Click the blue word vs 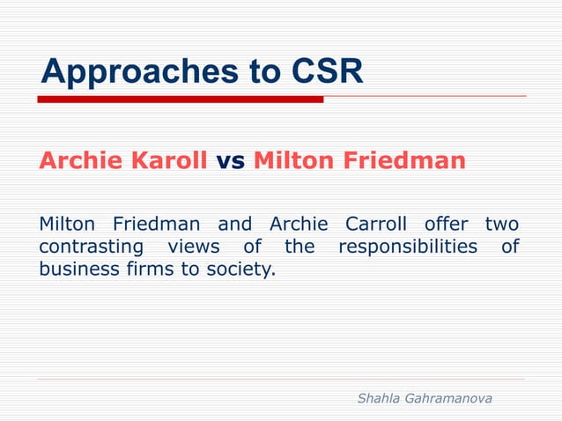pos(231,162)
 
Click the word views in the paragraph pos(193,247)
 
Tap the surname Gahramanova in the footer pos(450,399)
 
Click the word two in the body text pos(502,224)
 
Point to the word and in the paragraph pos(234,224)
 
